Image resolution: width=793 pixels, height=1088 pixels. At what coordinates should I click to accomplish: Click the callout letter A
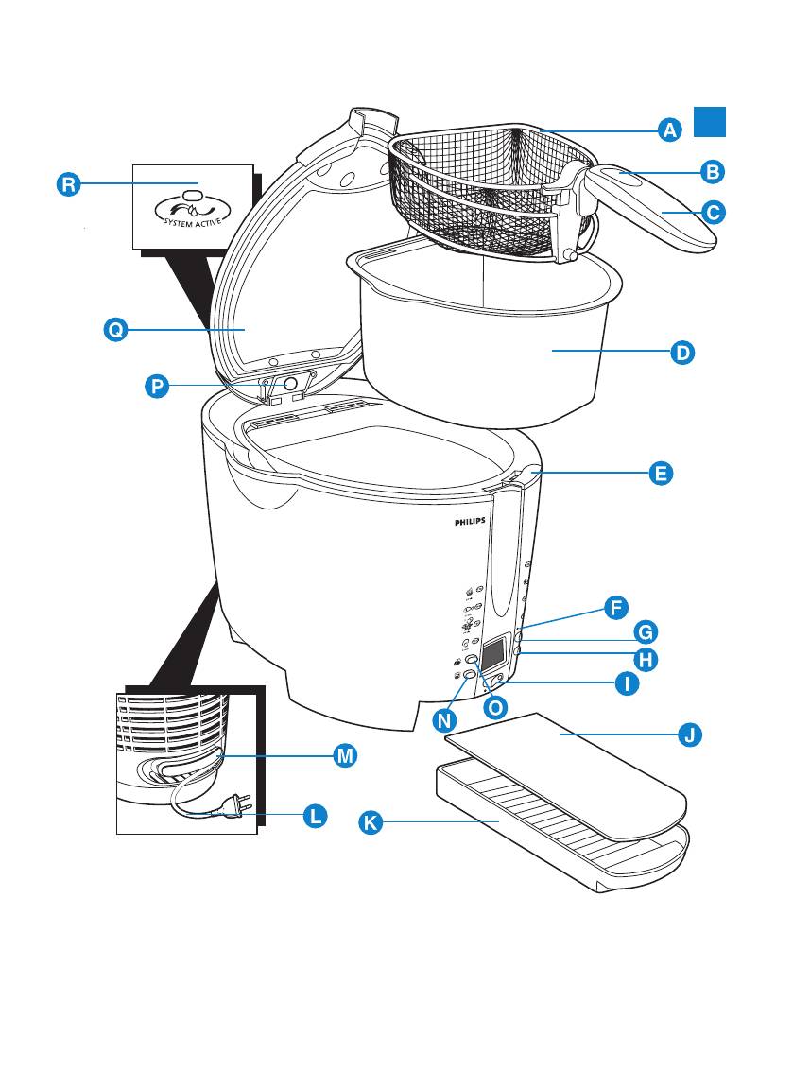669,130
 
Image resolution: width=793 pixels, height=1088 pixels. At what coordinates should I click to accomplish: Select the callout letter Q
115,330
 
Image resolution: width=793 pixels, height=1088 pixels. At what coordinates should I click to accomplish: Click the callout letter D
681,353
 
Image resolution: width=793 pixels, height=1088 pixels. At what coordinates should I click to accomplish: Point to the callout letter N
445,719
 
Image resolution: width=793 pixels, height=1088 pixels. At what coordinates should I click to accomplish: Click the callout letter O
494,706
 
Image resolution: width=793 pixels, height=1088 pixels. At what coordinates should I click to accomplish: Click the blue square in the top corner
710,120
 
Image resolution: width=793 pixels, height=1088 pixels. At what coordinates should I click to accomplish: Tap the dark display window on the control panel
492,651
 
